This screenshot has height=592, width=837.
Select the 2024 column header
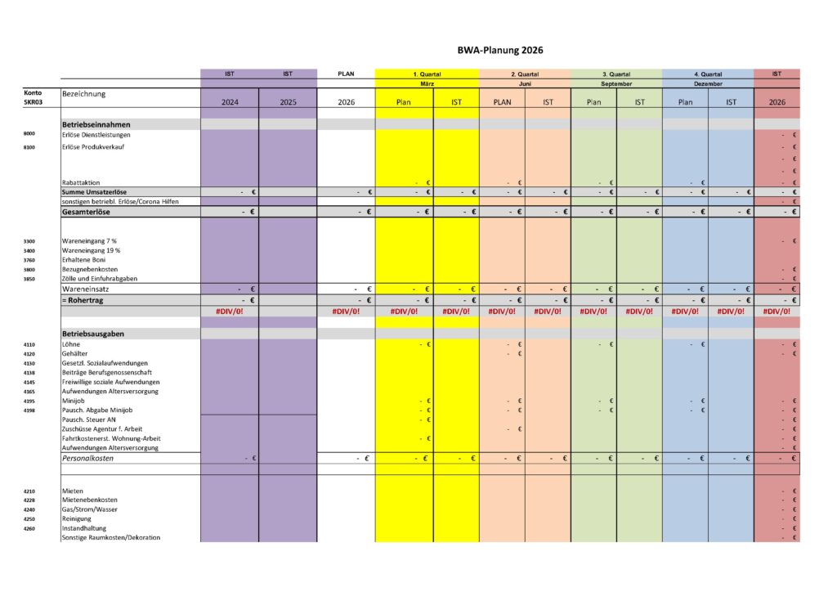[230, 103]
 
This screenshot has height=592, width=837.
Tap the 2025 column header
[288, 103]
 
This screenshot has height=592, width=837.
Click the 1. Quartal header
[427, 74]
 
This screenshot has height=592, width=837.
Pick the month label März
[427, 83]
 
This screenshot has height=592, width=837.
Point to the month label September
[616, 83]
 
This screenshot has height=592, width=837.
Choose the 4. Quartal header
[708, 74]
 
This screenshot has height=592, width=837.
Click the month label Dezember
[708, 83]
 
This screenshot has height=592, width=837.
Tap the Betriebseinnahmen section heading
[96, 124]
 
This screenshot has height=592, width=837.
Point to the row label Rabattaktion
[81, 182]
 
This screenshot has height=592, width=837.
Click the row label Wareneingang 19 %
[91, 250]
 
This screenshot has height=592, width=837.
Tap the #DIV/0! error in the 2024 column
[231, 312]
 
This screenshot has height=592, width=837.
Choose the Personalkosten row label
[88, 459]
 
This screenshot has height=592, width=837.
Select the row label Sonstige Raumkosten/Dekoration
[111, 537]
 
